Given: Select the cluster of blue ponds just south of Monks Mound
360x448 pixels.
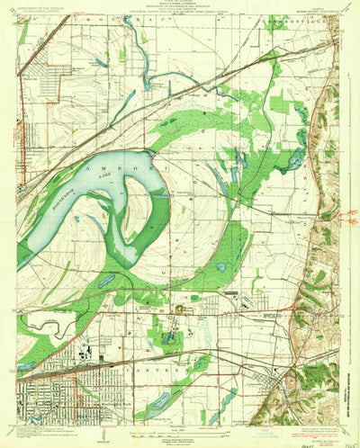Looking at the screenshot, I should [168, 337].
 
